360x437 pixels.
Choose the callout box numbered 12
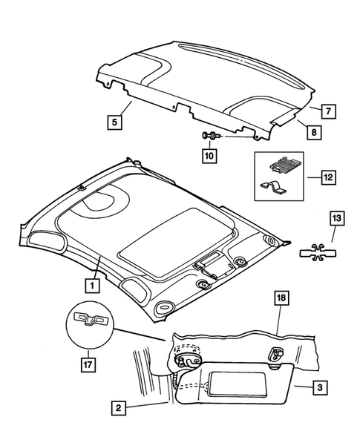tap(328, 178)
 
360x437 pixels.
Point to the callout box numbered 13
tap(336, 218)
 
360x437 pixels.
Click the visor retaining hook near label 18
tap(278, 355)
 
